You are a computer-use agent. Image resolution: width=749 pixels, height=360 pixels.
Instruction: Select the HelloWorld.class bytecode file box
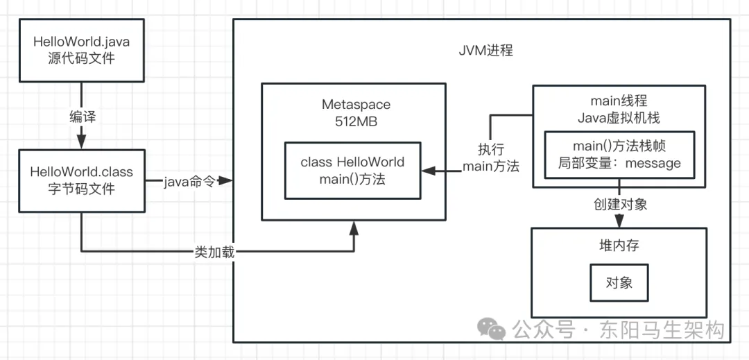click(x=81, y=180)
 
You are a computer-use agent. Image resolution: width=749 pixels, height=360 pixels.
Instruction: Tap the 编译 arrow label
click(x=82, y=116)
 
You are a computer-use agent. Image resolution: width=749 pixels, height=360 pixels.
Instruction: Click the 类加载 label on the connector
click(x=214, y=252)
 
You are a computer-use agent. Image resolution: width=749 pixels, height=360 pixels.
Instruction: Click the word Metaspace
click(x=356, y=105)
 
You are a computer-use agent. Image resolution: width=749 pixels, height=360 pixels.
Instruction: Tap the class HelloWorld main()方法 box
click(x=352, y=171)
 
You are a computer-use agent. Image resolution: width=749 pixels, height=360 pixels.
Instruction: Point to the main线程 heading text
click(x=619, y=102)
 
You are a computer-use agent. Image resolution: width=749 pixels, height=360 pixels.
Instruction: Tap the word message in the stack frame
click(x=652, y=164)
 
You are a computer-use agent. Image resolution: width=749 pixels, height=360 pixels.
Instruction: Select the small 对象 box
click(x=619, y=282)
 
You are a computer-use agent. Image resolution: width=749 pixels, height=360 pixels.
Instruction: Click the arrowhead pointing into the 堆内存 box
click(x=619, y=220)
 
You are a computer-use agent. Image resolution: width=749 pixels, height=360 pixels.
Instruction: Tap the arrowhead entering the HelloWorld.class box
click(x=82, y=141)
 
